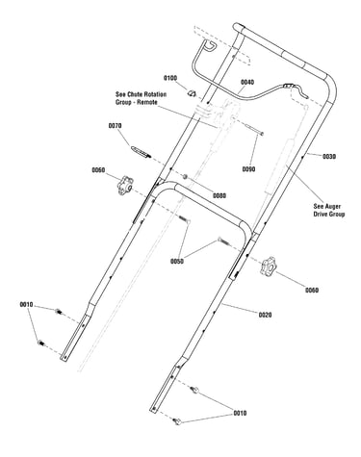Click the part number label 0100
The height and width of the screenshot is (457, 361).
click(170, 78)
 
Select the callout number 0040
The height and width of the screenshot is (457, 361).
click(247, 83)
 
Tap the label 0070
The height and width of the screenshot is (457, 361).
click(115, 126)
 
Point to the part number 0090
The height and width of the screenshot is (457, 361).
click(248, 169)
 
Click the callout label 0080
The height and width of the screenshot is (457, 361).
click(219, 195)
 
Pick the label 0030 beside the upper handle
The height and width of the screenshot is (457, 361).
click(329, 157)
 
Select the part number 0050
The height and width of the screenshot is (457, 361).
click(177, 262)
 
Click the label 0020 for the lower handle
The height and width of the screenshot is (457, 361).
click(265, 315)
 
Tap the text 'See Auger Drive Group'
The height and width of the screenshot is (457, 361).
click(329, 210)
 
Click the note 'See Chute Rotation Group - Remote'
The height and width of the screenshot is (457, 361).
click(142, 98)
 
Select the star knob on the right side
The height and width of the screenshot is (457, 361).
click(268, 267)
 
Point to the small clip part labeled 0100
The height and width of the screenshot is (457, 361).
click(192, 93)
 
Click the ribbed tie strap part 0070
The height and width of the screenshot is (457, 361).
click(141, 151)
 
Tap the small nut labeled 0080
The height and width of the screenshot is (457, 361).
click(185, 176)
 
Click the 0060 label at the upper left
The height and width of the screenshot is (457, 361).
click(98, 170)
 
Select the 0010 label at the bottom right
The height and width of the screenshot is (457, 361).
click(240, 413)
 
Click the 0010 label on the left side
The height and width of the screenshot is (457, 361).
click(27, 304)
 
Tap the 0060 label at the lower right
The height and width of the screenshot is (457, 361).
click(312, 291)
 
